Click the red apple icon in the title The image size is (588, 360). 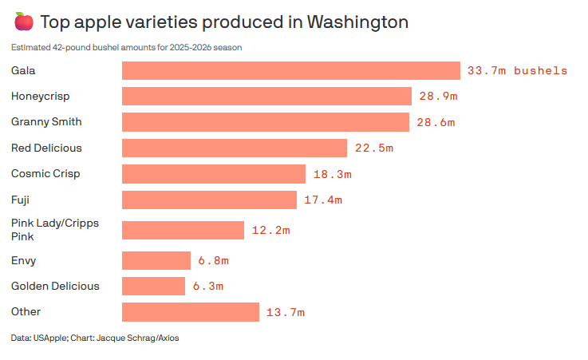coord(23,22)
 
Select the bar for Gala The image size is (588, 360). coord(291,70)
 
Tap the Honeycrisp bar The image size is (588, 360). coord(266,96)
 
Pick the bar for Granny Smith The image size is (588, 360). coord(266,122)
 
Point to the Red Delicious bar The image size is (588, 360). coord(235,148)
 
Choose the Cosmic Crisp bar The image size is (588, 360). coord(214,173)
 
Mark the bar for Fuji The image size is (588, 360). coord(210,200)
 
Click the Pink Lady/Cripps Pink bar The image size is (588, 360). coord(183,230)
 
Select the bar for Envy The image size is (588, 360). coord(156,260)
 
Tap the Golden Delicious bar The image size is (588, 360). coord(154,286)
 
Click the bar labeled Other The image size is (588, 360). coord(191,311)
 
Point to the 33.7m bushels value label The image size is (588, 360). coord(517,70)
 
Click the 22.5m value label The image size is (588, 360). coord(373,148)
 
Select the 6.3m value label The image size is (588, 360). coord(207,286)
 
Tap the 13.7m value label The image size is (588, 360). coord(286,311)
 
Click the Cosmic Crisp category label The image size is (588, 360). coord(45,173)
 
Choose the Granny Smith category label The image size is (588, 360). coord(46,121)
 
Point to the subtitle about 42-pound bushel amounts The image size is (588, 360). coord(127,47)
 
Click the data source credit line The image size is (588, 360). coord(95,338)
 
